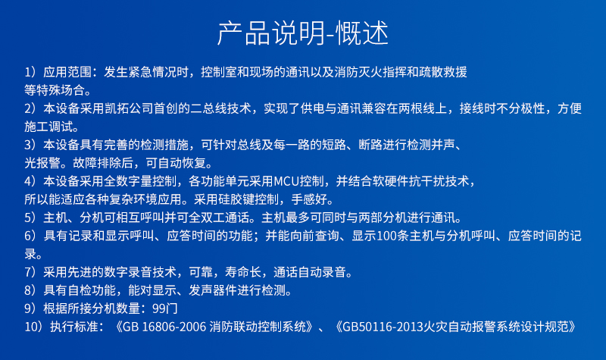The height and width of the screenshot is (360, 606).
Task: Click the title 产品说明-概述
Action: coord(302,33)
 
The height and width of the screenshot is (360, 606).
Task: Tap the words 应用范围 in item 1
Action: coord(67,72)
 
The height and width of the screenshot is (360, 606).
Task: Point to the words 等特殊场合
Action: coord(54,90)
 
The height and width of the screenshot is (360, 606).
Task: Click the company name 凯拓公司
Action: coord(129,108)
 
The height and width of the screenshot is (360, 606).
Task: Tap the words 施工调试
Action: coord(48,127)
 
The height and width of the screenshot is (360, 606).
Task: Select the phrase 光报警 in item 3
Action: coord(42,163)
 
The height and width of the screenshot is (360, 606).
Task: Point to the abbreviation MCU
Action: coord(286,181)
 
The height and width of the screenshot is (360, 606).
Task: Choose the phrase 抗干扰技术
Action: coord(439,181)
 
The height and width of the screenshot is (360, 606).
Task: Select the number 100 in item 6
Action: coord(386,236)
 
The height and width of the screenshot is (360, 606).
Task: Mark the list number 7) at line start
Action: coord(30,272)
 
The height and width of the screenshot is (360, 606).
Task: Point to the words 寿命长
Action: coord(242,272)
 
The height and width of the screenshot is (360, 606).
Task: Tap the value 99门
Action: coord(165,308)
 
